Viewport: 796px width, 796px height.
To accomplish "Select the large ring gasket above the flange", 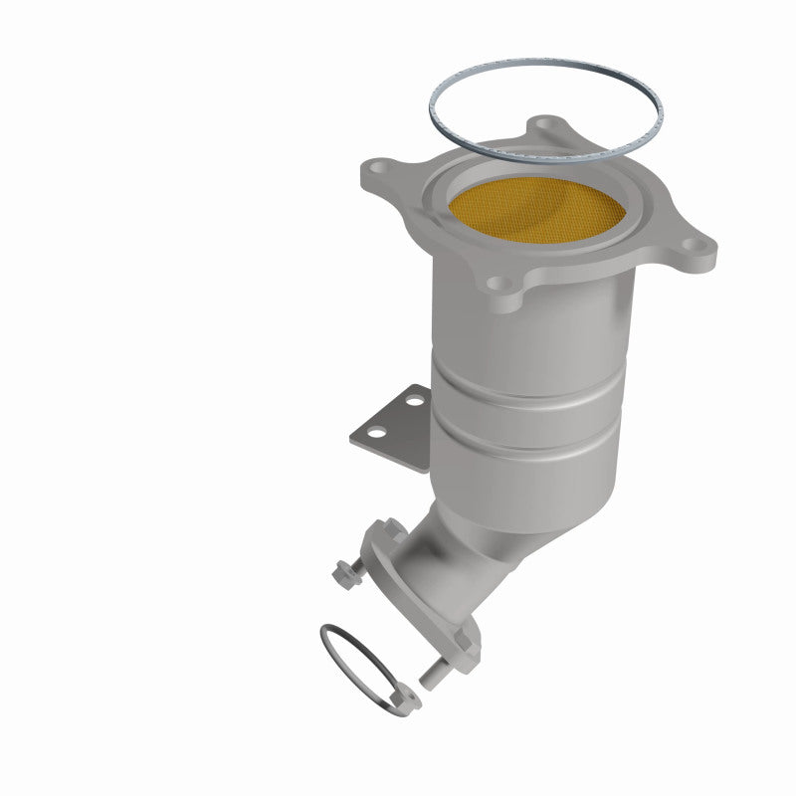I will (x=545, y=107).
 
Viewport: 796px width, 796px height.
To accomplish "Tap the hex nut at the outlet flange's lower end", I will (x=463, y=655).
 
